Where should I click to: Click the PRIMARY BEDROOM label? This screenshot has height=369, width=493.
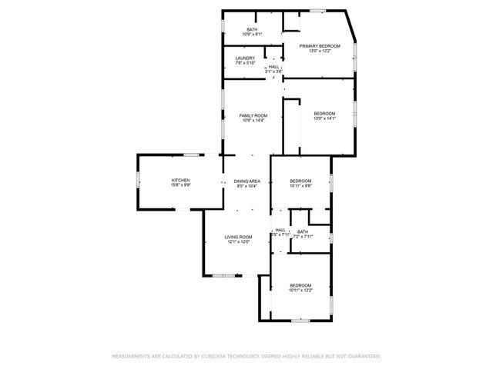click(320, 46)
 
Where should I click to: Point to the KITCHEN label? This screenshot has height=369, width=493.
click(180, 180)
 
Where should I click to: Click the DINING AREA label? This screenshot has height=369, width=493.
click(247, 181)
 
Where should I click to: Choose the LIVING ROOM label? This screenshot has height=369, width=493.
click(238, 237)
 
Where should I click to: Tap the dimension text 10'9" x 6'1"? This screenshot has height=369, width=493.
click(252, 35)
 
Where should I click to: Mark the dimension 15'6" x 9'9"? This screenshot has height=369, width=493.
click(180, 185)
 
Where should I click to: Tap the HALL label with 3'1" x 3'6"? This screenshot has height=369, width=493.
click(273, 66)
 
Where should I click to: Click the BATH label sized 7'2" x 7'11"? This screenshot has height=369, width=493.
click(303, 231)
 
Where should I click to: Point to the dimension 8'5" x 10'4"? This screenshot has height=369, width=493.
click(247, 186)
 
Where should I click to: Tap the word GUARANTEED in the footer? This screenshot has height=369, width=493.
click(361, 357)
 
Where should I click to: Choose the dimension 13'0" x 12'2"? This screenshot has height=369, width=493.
click(320, 52)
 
